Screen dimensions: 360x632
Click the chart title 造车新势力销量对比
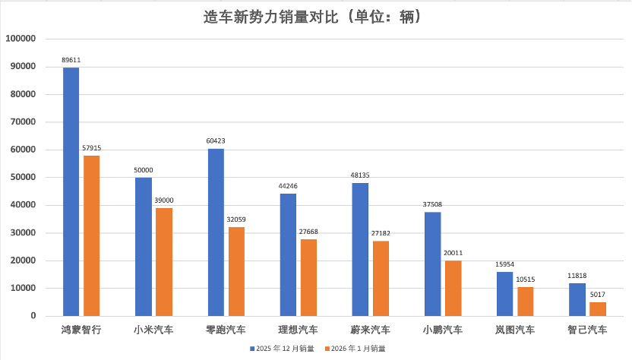tap(312, 16)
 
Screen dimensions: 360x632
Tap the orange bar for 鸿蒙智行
tap(91, 235)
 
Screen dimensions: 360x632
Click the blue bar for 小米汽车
tap(143, 246)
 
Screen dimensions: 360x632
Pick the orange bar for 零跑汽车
tap(236, 271)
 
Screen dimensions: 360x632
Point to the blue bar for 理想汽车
tap(288, 254)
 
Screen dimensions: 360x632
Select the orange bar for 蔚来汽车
tap(381, 278)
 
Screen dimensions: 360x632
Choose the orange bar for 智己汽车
tap(598, 309)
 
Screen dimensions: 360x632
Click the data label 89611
tap(71, 58)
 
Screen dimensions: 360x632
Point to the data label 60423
tap(216, 140)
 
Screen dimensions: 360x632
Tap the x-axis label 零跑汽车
tap(226, 330)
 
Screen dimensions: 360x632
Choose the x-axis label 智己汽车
tap(587, 330)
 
